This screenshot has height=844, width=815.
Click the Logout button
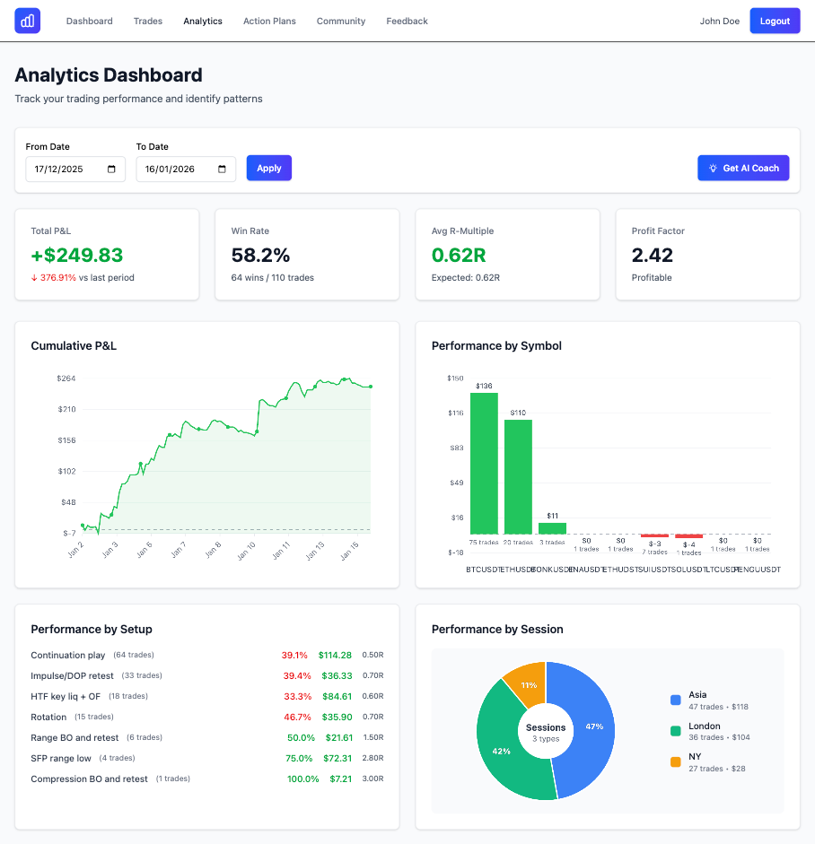pos(775,21)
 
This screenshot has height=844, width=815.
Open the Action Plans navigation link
pos(269,21)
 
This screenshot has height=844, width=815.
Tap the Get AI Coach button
pos(743,168)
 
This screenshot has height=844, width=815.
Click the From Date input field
pos(75,169)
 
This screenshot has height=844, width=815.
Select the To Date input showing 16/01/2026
pos(186,169)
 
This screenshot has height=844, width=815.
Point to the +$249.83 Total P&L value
pos(77,255)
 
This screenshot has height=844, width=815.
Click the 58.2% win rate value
pos(260,255)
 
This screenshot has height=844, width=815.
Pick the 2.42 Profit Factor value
pos(653,255)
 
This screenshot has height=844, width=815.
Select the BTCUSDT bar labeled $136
pos(484,463)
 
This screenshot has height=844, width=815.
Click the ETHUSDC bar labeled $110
pos(518,476)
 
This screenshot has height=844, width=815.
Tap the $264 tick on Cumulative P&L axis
pos(66,378)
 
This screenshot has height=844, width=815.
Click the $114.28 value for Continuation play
pos(335,655)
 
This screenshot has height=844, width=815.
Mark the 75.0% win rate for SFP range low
pos(300,758)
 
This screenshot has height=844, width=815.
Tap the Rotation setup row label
pos(48,717)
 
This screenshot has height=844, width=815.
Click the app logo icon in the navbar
pos(28,21)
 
